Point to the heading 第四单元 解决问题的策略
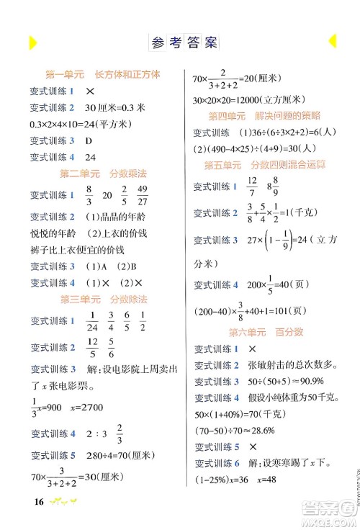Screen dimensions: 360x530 (264, 116)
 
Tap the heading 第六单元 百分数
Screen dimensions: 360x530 (264, 332)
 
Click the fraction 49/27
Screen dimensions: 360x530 (143, 194)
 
